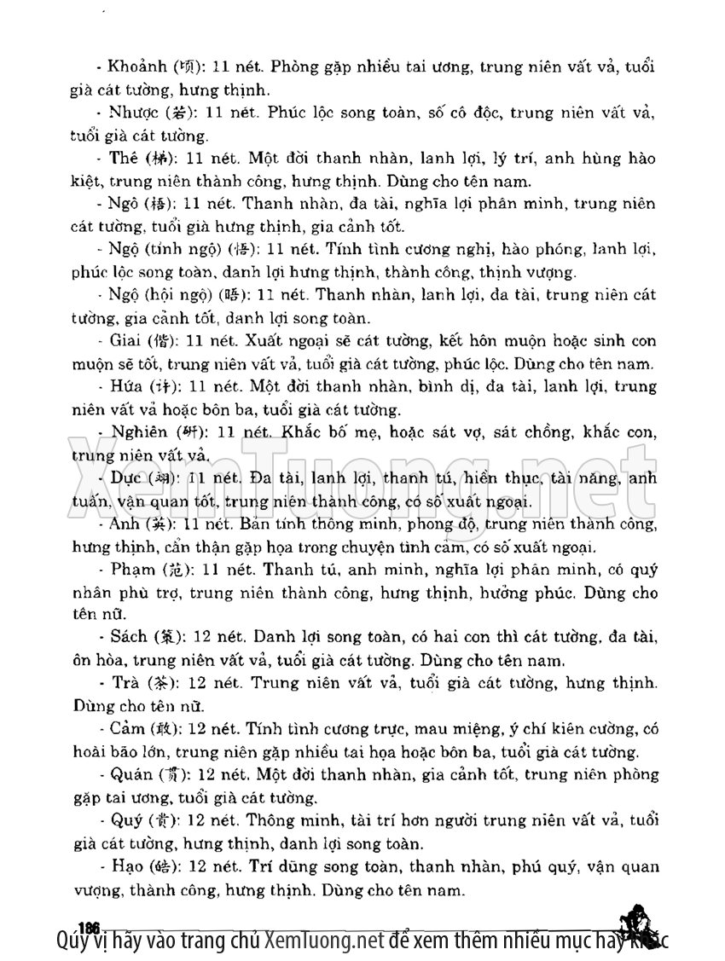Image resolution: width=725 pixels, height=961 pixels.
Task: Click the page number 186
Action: (89, 927)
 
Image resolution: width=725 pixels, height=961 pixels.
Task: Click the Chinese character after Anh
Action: (159, 524)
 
